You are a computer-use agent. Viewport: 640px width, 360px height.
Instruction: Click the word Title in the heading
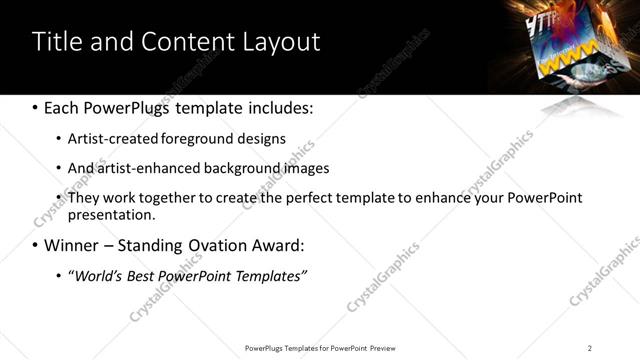tap(56, 42)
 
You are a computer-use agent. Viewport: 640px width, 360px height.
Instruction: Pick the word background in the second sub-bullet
tap(232, 168)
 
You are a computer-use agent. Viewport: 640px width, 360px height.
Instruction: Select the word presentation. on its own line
tap(111, 214)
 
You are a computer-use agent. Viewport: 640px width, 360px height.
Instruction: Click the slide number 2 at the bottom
tap(589, 347)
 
